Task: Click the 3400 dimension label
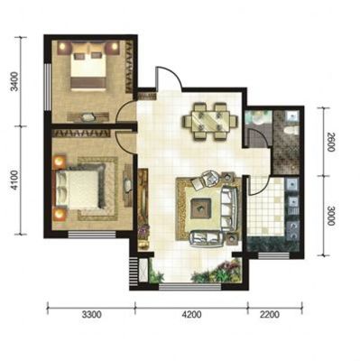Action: coord(14,81)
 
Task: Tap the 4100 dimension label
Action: coord(14,180)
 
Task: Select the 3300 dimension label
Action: coord(92,315)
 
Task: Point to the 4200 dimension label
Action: coord(191,315)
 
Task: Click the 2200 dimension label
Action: coord(270,315)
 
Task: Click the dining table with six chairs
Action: coord(210,121)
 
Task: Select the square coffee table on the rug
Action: coord(201,208)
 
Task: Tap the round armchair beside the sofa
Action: coord(211,178)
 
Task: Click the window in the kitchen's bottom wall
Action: coord(274,255)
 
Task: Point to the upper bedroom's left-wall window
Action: coord(48,88)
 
